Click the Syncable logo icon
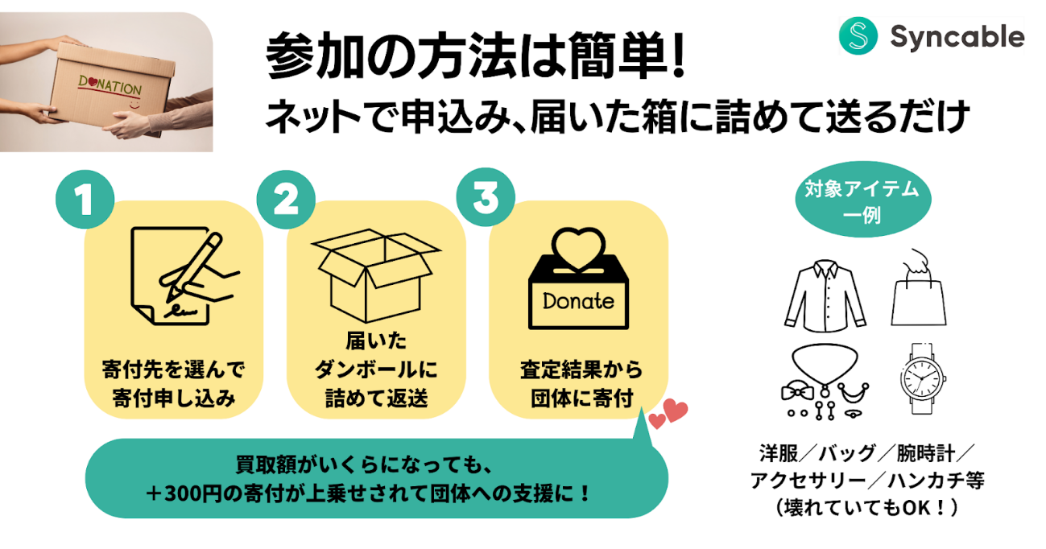click(x=858, y=36)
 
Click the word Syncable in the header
click(x=957, y=37)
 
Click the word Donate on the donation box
click(x=578, y=302)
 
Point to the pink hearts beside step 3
click(x=668, y=414)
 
